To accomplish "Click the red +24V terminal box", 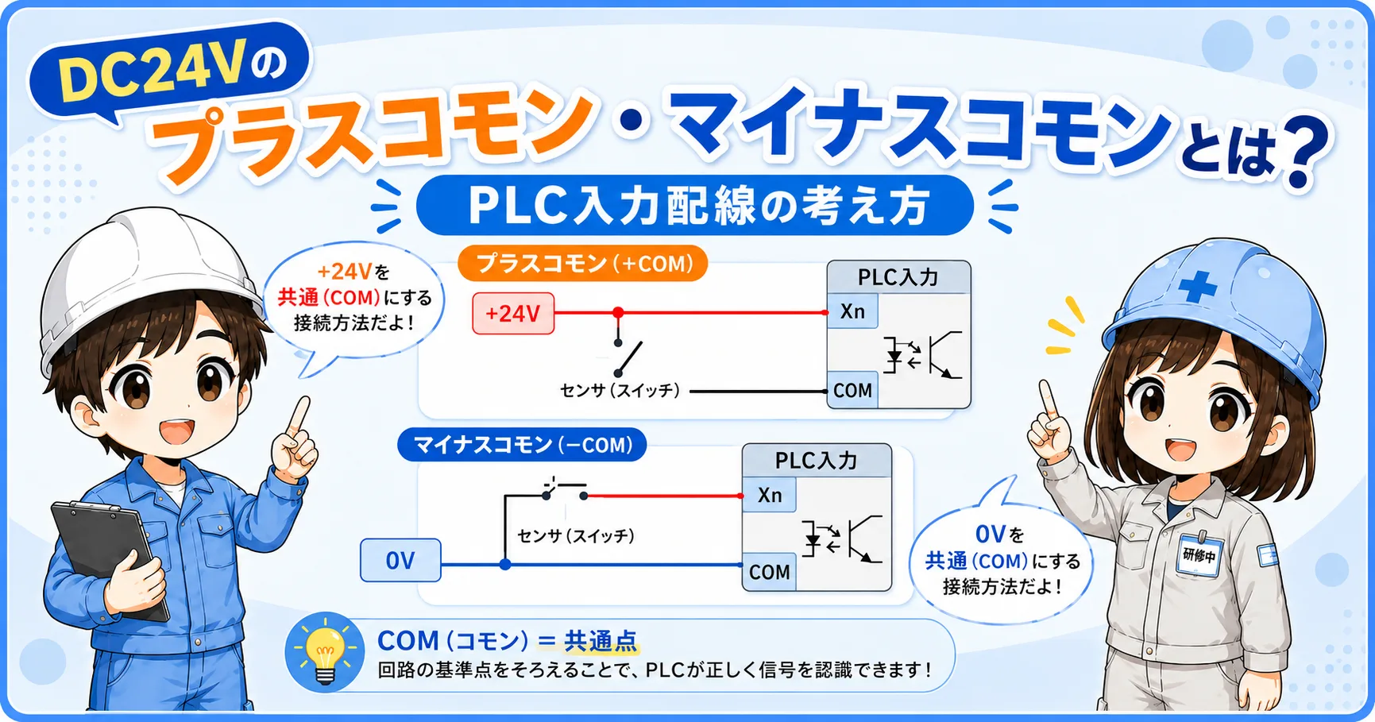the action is pos(513,313).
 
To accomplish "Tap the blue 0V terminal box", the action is pos(400,560).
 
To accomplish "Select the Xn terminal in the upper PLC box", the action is pos(852,311).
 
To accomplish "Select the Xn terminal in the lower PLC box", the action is pos(769,495).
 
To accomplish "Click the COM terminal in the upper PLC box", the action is pos(852,390).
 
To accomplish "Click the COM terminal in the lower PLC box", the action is pos(769,572).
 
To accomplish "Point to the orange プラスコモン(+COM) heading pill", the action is pos(583,263).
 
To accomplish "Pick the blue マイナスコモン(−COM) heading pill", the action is pos(522,445).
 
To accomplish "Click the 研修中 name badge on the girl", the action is pos(1199,554).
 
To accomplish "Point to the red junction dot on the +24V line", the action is pos(618,313).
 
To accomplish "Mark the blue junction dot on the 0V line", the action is pos(505,565).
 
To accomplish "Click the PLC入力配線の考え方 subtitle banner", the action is pos(695,206).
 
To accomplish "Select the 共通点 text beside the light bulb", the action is pos(601,640).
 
